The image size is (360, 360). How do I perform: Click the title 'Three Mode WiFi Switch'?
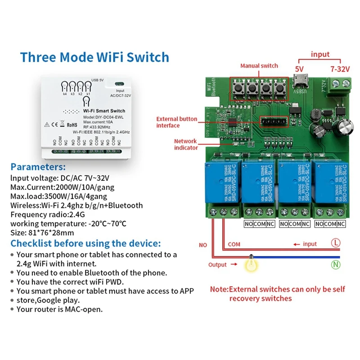coord(94,57)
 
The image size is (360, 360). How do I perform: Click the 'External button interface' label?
coord(176,122)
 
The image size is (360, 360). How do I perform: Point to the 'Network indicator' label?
coord(186,144)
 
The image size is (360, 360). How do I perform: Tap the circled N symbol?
coord(336,265)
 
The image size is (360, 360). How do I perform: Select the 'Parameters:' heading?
coord(38,166)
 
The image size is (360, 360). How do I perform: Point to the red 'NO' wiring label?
coord(203,245)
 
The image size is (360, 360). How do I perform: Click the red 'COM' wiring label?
coord(234,244)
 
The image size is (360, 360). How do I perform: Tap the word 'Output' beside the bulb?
coord(217,265)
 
